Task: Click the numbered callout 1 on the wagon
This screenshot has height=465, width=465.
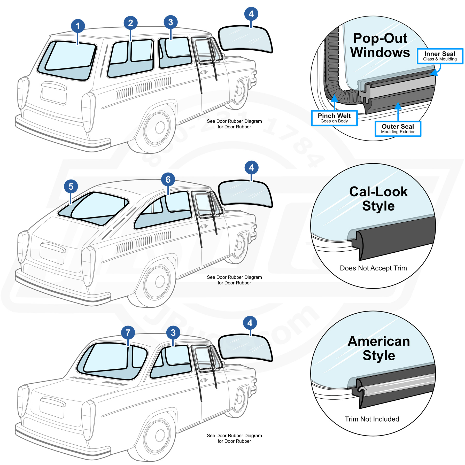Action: point(78,26)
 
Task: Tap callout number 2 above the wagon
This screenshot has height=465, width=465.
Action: point(130,23)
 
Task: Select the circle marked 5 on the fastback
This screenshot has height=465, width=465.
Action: point(71,187)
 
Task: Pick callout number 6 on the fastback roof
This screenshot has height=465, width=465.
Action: point(168,180)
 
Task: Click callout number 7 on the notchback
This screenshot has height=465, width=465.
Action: point(128,332)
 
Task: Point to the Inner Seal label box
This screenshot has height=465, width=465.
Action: point(440,56)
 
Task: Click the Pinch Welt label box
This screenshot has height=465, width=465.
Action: point(334,118)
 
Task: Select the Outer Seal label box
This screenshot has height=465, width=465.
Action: point(398,129)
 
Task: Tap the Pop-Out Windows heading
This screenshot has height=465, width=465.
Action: point(380,45)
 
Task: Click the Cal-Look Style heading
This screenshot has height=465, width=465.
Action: point(378,199)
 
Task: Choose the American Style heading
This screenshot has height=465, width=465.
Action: point(379,348)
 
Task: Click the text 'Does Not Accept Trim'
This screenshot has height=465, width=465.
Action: point(373,268)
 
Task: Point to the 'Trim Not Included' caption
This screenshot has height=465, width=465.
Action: point(372,419)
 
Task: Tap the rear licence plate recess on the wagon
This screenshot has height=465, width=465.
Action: point(54,94)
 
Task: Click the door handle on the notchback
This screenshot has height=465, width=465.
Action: point(204,380)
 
